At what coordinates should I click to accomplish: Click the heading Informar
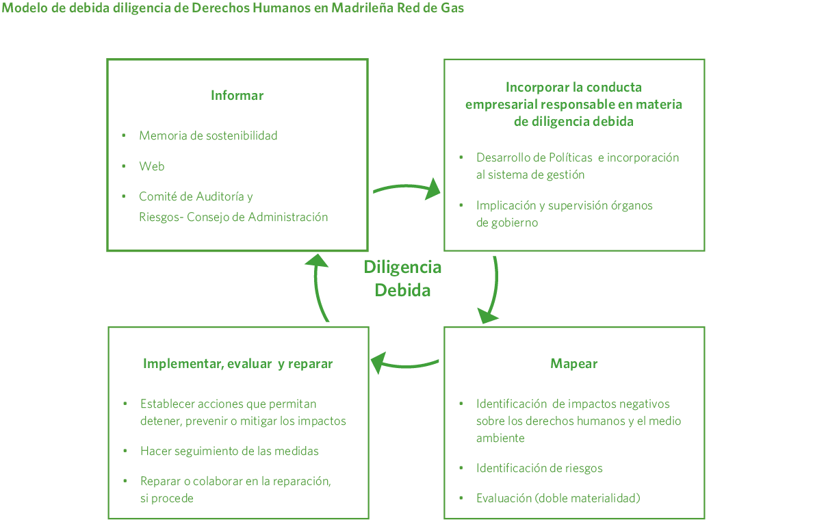pos(237,96)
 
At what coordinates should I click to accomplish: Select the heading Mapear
pos(573,363)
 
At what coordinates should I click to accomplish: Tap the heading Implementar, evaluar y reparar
pos(237,363)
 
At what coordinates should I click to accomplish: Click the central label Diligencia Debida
pos(402,278)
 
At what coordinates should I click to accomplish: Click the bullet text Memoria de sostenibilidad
pos(208,135)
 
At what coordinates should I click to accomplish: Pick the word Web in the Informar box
pos(152,166)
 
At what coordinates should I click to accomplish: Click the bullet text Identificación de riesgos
pos(539,468)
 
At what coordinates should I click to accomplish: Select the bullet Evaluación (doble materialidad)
pos(558,498)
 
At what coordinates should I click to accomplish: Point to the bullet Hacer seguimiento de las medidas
pos(229,451)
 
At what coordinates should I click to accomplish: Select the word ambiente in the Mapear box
pos(500,438)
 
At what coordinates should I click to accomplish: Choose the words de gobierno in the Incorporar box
pos(507,222)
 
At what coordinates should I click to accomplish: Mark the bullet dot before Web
pos(124,166)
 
